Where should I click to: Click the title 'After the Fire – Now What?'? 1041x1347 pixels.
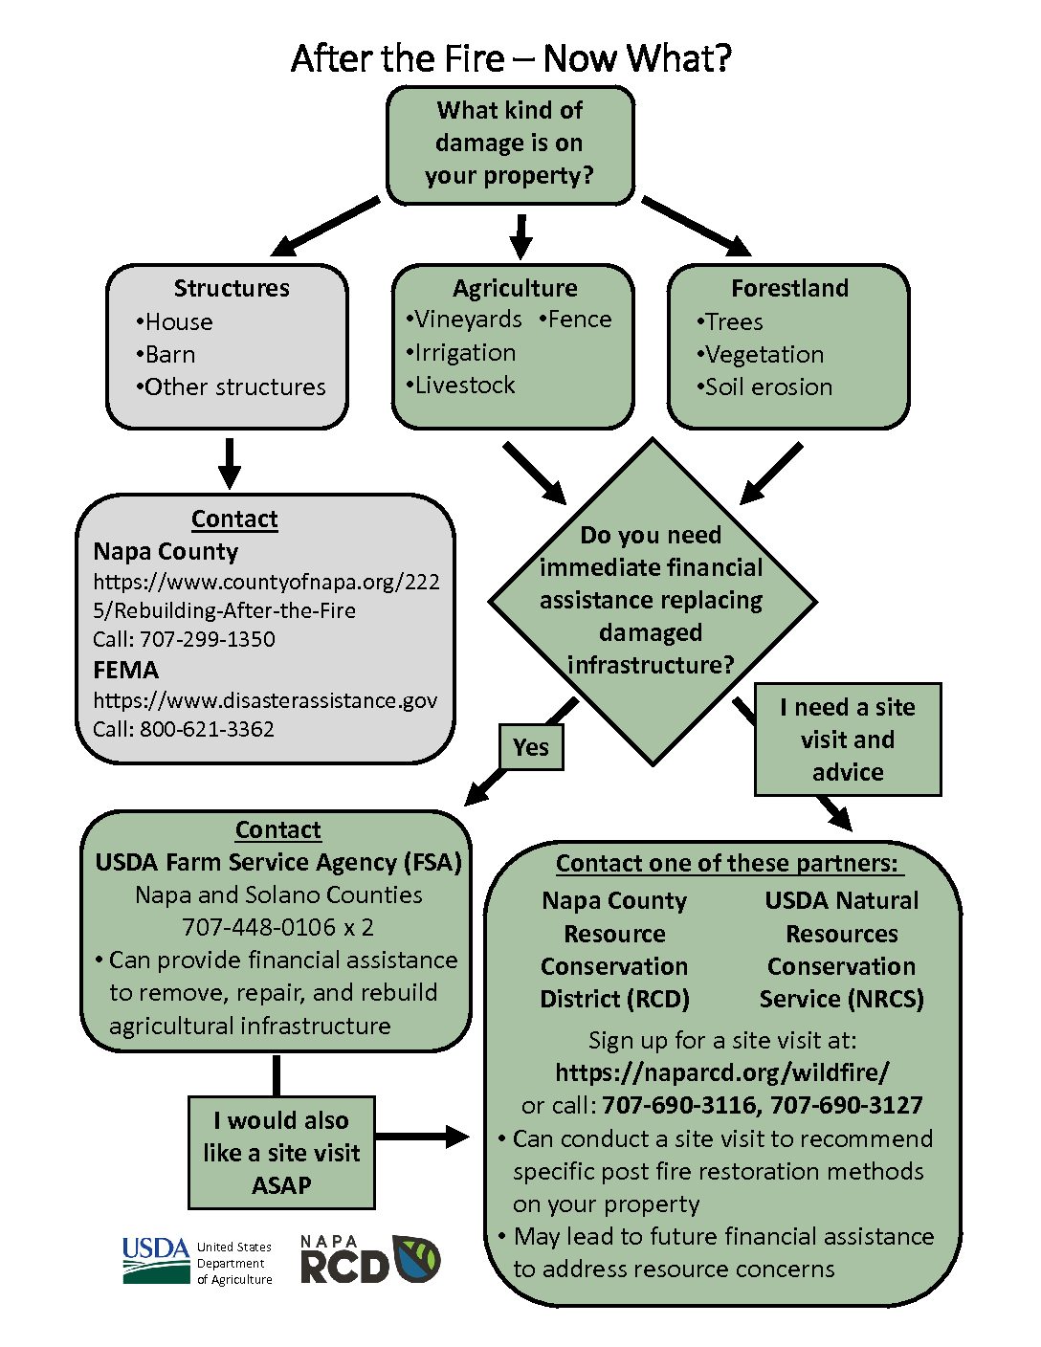click(x=511, y=58)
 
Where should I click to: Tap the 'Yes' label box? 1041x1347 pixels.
click(x=531, y=747)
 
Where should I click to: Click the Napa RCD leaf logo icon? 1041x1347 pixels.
click(x=416, y=1258)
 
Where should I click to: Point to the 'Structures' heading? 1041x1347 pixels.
click(x=232, y=288)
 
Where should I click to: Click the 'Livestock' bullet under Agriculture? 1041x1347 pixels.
click(x=460, y=386)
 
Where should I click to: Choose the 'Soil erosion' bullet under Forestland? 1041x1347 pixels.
click(x=764, y=386)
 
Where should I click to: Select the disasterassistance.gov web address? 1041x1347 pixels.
click(x=265, y=700)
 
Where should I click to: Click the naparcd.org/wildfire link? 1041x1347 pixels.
click(x=722, y=1071)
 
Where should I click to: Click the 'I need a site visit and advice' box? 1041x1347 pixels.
click(x=848, y=740)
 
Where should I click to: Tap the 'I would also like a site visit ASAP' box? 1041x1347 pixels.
click(x=281, y=1153)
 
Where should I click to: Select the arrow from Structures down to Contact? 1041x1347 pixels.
click(x=230, y=464)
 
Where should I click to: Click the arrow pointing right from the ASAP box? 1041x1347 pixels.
click(x=422, y=1137)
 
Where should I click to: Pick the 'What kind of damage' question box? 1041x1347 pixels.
click(x=510, y=144)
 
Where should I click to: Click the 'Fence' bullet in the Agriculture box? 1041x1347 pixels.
click(x=575, y=320)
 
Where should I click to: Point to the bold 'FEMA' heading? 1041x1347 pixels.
click(x=126, y=670)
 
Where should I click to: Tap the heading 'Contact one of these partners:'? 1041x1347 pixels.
click(x=726, y=864)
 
